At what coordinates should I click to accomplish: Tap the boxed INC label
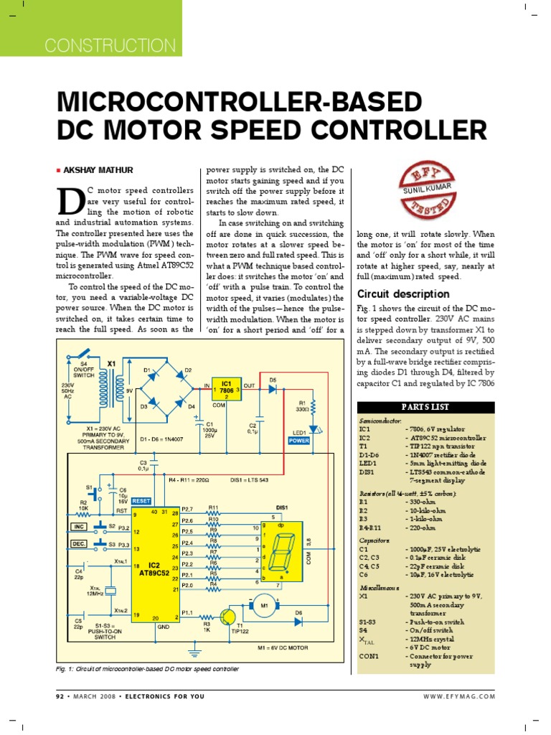[x=80, y=526]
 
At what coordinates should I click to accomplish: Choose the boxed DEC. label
[x=79, y=545]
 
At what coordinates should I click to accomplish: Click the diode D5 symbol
[x=273, y=388]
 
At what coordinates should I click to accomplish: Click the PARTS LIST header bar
[x=426, y=407]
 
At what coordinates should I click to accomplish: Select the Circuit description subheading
[x=403, y=294]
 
